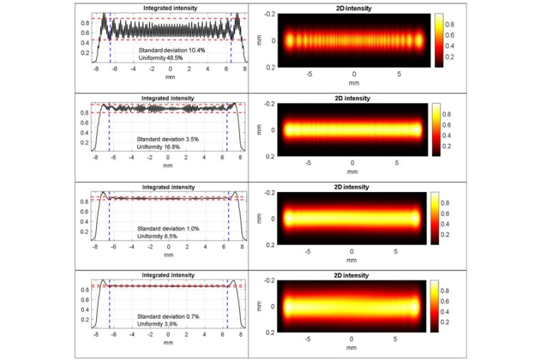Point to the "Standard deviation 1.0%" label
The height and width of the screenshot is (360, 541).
coord(164,228)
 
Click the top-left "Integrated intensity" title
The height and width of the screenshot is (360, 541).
coord(170,8)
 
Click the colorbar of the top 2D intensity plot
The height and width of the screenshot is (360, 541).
coord(439,40)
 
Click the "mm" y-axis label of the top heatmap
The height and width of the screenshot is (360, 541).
coord(262,40)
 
